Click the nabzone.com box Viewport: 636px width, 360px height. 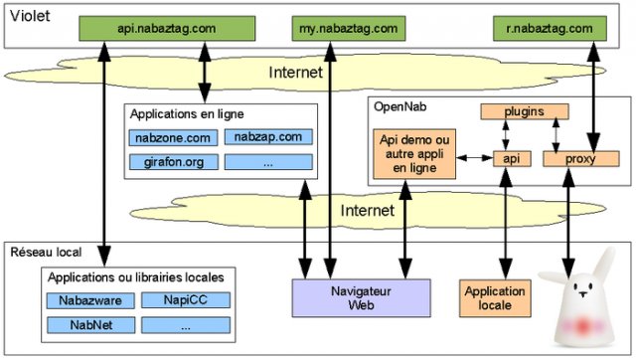[x=171, y=137]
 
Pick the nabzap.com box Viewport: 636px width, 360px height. [x=267, y=137]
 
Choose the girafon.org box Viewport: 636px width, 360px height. [x=171, y=161]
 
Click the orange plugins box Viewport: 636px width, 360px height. [x=525, y=112]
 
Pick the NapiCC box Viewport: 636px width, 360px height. [x=185, y=299]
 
